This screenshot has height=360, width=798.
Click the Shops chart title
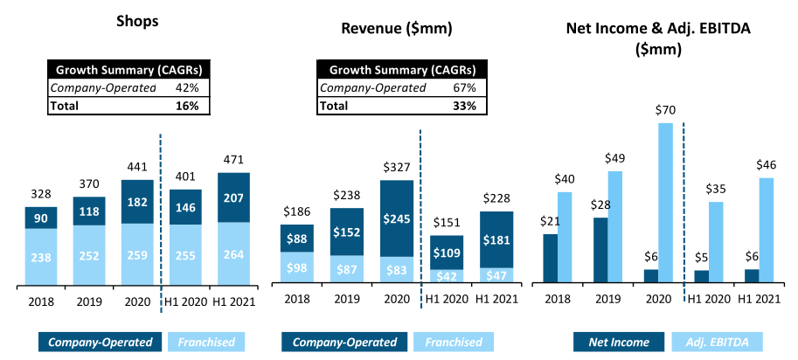137,21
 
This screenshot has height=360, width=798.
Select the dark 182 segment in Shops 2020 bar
137,202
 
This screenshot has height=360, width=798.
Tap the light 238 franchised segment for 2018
41,256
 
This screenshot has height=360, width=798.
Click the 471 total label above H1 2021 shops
233,160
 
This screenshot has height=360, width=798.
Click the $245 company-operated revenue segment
396,218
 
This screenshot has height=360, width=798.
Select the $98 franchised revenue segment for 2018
297,268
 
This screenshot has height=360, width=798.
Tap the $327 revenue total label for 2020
396,167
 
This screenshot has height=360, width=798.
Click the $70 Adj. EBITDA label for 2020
666,110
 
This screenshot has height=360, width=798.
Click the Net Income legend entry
620,341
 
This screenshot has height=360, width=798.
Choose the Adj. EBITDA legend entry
717,341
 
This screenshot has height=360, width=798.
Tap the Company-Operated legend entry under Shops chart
100,341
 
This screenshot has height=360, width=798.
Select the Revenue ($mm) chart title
396,28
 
